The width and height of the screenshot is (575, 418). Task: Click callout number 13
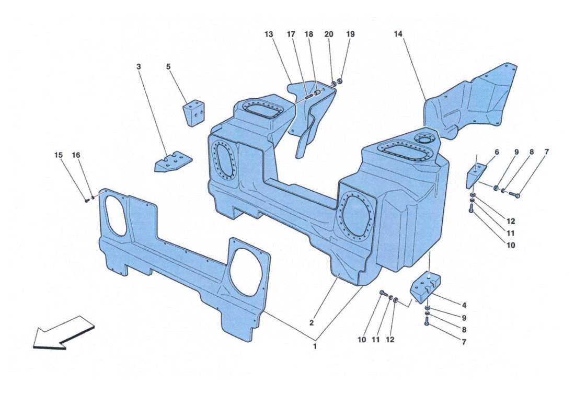[x=269, y=34]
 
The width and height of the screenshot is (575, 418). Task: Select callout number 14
[x=398, y=34]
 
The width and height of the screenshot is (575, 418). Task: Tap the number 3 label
[x=139, y=67]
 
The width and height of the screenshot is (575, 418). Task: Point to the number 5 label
[x=168, y=67]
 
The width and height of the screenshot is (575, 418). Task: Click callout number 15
[x=59, y=155]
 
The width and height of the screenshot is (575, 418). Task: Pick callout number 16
[x=76, y=155]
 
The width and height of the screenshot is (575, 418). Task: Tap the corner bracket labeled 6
[x=476, y=175]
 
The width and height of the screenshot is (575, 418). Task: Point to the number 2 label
[x=312, y=323]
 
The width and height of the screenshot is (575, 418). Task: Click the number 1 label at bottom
[x=315, y=346]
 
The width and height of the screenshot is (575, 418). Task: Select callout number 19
[x=350, y=34]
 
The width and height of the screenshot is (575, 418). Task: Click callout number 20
[x=328, y=34]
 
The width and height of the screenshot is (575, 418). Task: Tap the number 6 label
[x=497, y=152]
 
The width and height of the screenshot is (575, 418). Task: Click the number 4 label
[x=464, y=306]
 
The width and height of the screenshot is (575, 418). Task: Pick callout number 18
[x=308, y=34]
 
